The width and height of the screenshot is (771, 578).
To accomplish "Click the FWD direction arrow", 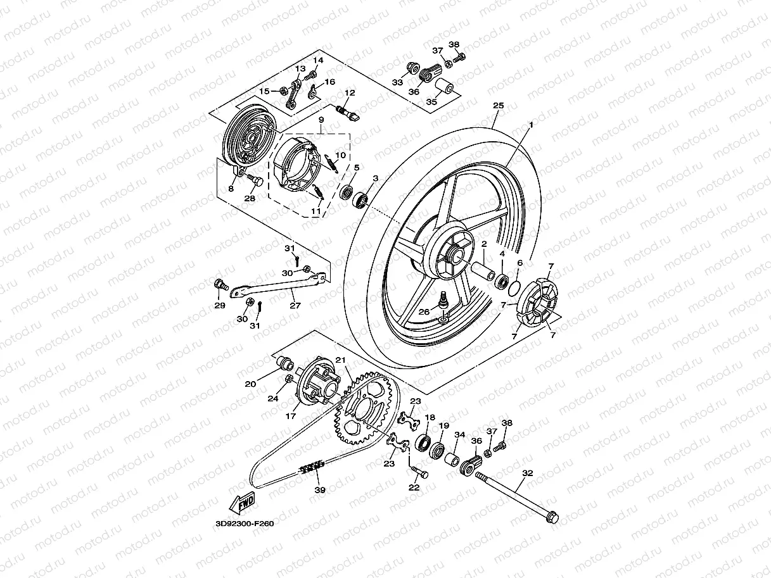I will [243, 503].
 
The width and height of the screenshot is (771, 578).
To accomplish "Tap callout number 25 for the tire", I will [498, 106].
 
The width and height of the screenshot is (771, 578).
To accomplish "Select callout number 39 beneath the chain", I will [319, 490].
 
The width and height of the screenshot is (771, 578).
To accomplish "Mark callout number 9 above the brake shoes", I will [321, 119].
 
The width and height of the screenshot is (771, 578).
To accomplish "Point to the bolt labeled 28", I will [255, 182].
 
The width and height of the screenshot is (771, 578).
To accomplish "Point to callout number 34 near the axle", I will [459, 435].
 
